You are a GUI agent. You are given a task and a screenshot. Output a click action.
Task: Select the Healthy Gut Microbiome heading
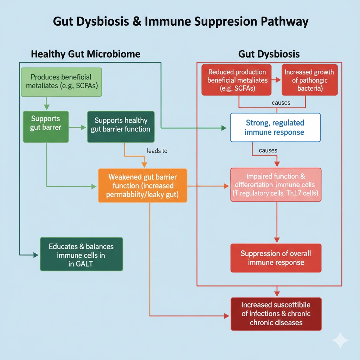85,54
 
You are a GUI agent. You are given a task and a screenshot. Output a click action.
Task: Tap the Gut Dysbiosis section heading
269,54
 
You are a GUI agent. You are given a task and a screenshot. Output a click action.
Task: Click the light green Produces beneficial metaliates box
61,82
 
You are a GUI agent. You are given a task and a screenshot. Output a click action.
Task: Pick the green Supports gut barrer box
46,127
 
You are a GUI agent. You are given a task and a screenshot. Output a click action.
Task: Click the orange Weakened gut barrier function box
142,185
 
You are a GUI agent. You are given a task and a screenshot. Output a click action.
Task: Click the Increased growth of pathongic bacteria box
309,80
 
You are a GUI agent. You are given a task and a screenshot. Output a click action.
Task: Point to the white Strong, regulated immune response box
275,128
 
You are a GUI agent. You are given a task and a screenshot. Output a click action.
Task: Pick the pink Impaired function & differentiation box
276,185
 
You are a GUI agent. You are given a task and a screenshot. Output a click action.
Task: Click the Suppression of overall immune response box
276,258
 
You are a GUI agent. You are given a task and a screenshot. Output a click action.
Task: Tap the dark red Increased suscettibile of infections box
276,314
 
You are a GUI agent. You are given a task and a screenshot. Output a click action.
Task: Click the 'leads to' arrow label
157,151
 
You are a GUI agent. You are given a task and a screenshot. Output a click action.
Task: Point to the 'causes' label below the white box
268,150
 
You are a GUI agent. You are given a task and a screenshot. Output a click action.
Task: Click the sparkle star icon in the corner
340,340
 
